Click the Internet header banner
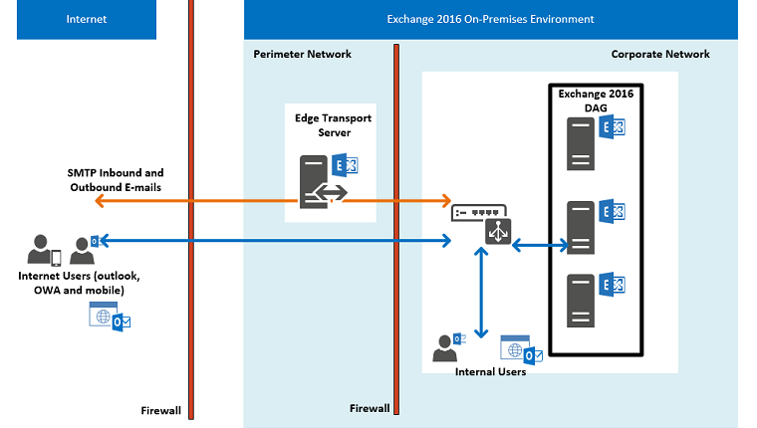[86, 19]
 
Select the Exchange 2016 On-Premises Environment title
[490, 19]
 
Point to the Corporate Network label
[659, 54]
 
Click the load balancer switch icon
[481, 220]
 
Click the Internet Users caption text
[79, 282]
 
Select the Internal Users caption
[490, 372]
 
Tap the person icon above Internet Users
[41, 249]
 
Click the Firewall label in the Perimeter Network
[370, 409]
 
